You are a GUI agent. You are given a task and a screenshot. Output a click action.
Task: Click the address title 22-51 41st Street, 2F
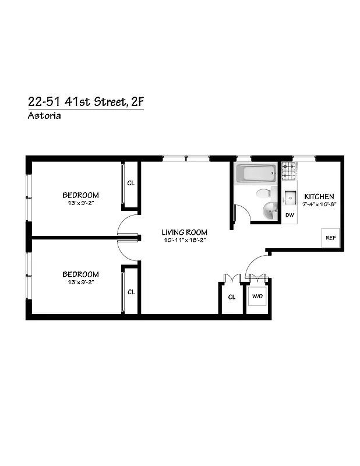click(85, 101)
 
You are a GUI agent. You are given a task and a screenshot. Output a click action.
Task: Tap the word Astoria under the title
click(44, 115)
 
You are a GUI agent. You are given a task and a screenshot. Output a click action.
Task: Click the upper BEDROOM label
click(80, 195)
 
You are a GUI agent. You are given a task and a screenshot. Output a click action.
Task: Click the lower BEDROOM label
click(80, 274)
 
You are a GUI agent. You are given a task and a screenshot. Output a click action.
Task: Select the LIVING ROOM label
click(183, 232)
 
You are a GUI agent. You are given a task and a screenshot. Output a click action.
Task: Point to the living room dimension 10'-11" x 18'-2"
click(183, 240)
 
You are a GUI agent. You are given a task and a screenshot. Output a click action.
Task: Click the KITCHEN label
click(319, 197)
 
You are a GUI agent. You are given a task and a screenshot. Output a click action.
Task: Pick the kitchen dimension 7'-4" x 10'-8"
click(319, 204)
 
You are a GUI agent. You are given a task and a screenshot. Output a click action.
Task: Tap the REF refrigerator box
click(331, 238)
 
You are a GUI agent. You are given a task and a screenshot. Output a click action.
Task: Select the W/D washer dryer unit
click(257, 296)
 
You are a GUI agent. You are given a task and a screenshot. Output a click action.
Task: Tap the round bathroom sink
click(271, 211)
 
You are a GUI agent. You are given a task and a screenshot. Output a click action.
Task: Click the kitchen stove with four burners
click(289, 171)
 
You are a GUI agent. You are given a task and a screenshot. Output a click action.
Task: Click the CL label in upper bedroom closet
click(131, 183)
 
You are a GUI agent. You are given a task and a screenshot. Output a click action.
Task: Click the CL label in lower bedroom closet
click(131, 292)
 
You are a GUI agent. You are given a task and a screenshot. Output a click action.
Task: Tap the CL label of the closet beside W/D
click(232, 297)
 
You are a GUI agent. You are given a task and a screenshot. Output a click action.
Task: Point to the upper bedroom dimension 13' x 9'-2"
click(80, 203)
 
